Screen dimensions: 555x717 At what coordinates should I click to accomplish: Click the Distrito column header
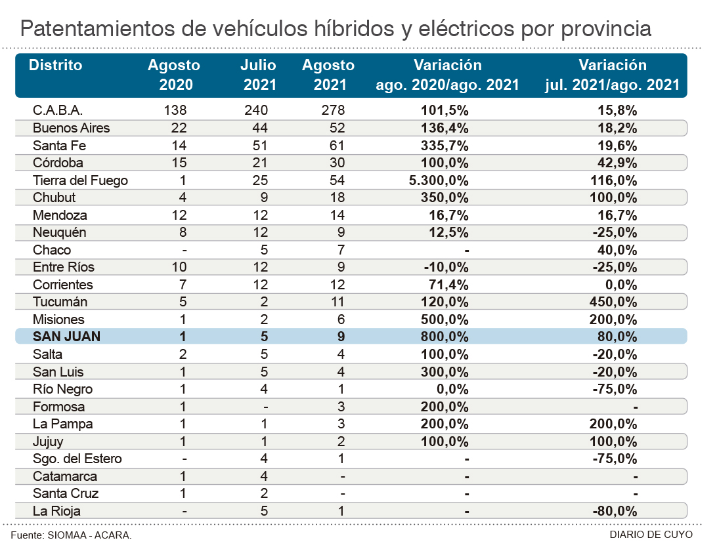[56, 66]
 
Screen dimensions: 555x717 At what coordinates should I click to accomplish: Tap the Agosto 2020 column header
[174, 75]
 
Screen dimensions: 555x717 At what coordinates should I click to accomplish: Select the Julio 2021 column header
[258, 75]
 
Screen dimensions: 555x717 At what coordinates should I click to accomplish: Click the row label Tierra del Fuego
[80, 180]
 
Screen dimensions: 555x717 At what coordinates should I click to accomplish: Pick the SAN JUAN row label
[67, 337]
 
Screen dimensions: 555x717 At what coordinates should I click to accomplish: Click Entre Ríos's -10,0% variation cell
[448, 267]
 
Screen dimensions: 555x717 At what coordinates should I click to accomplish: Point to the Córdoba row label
[58, 163]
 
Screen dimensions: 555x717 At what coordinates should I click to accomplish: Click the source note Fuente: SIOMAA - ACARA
[71, 535]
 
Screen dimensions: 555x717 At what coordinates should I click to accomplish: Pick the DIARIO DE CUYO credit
[651, 535]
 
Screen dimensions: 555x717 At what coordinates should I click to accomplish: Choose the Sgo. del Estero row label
[77, 459]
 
